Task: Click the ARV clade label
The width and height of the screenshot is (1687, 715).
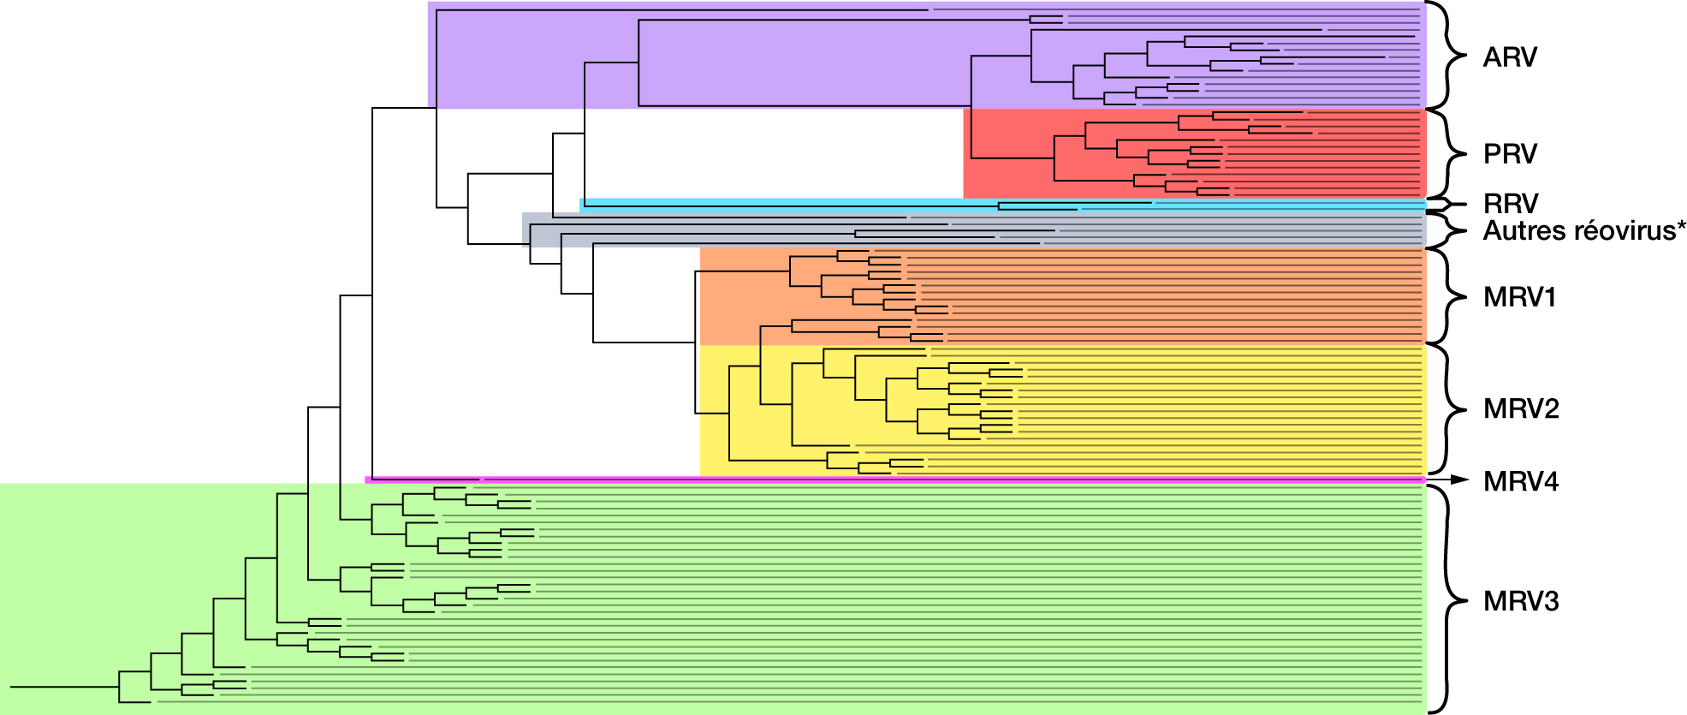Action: tap(1510, 57)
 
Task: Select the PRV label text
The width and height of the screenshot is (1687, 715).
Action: tap(1510, 154)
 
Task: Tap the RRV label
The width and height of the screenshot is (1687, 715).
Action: tap(1511, 204)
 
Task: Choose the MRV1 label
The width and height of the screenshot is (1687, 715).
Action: tap(1520, 297)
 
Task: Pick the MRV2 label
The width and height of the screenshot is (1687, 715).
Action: tap(1521, 408)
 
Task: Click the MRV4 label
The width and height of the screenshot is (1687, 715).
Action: tap(1521, 481)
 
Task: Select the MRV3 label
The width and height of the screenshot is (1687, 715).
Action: tap(1521, 601)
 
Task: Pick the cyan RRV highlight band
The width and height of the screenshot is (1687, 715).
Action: tap(1003, 205)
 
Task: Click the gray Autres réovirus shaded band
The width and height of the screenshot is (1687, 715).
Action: tap(974, 229)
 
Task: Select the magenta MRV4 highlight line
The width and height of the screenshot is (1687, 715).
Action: tap(895, 480)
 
